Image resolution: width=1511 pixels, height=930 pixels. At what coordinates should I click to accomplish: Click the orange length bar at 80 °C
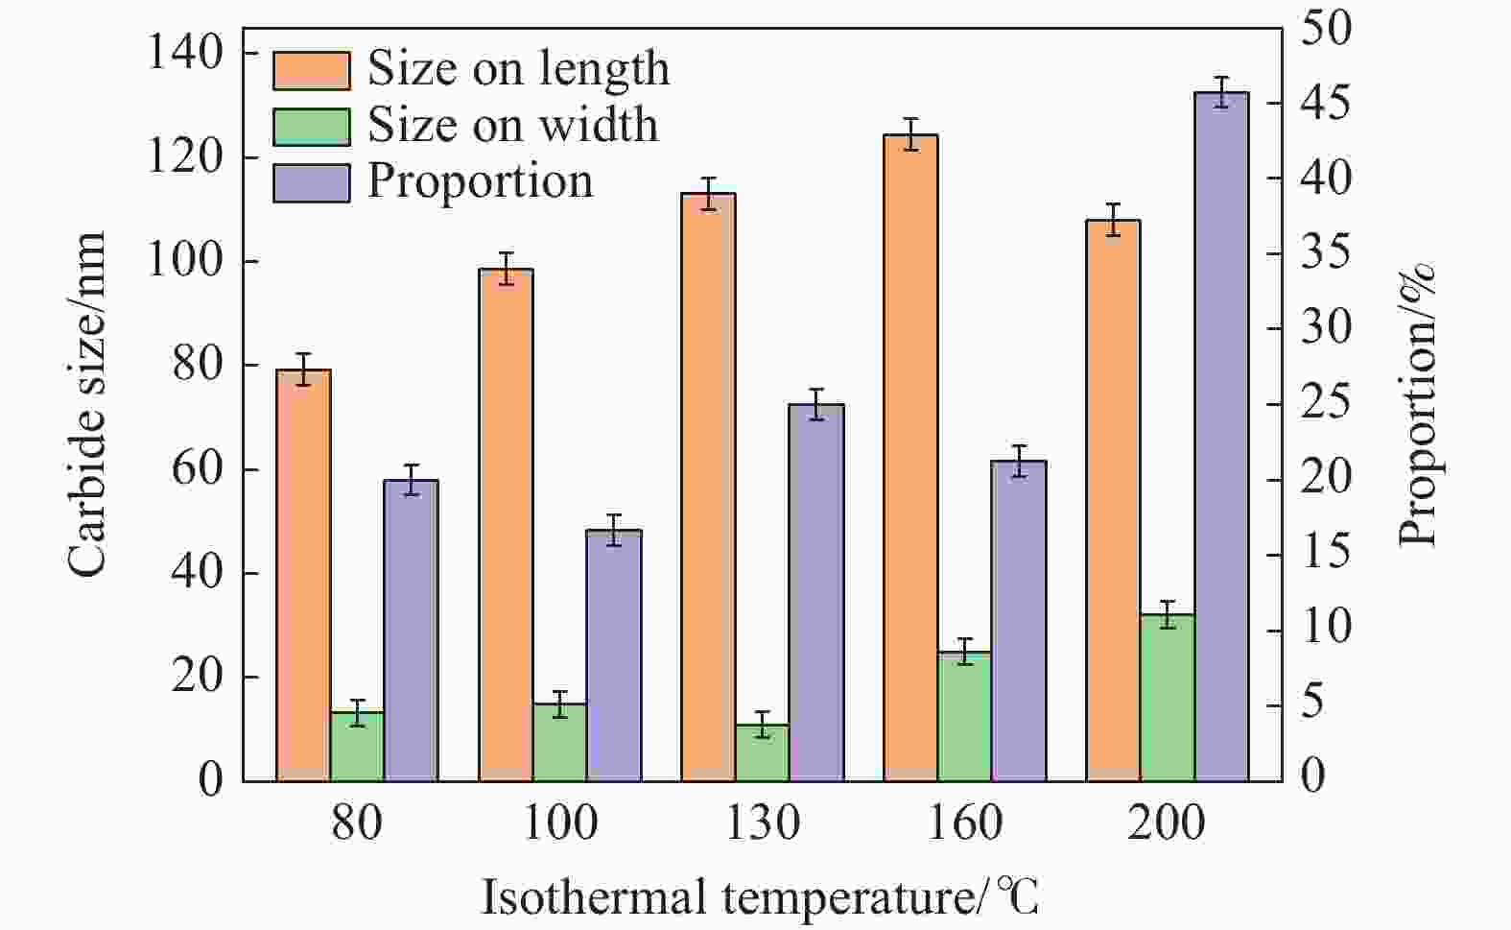tap(303, 576)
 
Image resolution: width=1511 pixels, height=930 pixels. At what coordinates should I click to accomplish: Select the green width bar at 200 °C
tap(1168, 698)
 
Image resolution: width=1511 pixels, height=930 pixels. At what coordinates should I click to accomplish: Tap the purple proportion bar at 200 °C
tap(1221, 437)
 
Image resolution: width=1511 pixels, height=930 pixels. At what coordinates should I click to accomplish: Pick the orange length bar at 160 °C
tap(910, 458)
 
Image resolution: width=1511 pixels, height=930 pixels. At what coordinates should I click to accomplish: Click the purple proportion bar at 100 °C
tap(614, 656)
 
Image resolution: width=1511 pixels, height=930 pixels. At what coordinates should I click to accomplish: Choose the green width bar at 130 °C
tap(763, 753)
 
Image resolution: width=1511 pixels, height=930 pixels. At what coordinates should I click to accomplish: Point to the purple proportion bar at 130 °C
tap(816, 593)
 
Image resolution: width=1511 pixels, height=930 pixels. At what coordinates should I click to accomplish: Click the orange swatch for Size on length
tap(312, 70)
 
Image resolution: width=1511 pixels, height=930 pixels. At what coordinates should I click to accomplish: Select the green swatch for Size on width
tap(312, 127)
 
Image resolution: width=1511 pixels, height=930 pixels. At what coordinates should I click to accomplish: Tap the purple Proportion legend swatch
tap(312, 183)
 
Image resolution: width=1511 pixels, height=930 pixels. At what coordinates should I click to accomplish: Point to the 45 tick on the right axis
tap(1326, 103)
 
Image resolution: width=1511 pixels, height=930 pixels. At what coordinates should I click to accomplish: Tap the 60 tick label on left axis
tap(198, 469)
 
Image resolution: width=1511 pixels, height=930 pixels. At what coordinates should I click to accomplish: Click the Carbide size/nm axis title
tap(87, 405)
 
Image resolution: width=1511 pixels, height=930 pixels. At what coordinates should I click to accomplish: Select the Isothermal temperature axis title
tap(760, 897)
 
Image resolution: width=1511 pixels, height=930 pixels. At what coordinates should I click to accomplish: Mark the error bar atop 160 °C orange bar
tap(911, 134)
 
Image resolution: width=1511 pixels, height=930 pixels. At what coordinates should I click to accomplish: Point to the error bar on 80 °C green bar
tap(358, 713)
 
